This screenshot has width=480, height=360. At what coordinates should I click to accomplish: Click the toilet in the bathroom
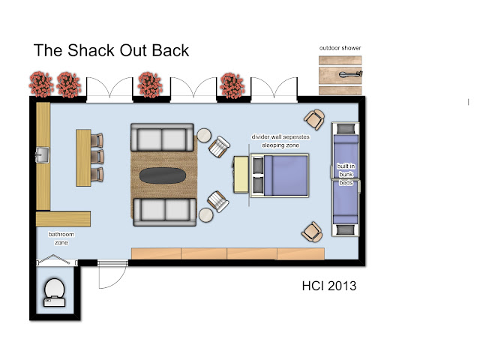pos(55,292)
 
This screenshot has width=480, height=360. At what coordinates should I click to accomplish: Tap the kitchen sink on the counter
pos(42,155)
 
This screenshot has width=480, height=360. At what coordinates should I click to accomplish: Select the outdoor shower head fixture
pos(350,74)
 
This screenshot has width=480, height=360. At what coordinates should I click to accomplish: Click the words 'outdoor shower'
pos(340,48)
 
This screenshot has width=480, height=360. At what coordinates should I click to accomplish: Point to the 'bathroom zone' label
pos(61,238)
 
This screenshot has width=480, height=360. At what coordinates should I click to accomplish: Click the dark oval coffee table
pos(163,175)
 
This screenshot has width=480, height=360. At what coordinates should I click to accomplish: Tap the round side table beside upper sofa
pos(204,135)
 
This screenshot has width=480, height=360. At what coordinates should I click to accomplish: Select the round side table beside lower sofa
pos(206,215)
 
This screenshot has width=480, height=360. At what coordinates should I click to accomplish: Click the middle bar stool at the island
pos(97,157)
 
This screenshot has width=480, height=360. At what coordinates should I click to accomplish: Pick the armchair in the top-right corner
pos(314,119)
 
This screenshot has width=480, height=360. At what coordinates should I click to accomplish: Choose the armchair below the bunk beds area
pos(312,232)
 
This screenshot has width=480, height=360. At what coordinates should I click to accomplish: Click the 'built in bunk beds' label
pos(346,174)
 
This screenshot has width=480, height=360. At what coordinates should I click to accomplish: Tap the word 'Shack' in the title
pos(91,50)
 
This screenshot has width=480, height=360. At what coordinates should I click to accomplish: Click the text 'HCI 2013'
pos(329,286)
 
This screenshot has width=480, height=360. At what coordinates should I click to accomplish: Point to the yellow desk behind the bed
pos(241,175)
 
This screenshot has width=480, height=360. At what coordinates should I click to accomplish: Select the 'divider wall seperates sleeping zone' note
pos(280,141)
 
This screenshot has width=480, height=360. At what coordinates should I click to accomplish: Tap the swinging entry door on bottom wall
pos(112,274)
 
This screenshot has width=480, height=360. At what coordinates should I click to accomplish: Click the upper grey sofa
pos(162,137)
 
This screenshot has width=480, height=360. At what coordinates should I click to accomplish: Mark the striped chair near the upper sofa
pos(219,147)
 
